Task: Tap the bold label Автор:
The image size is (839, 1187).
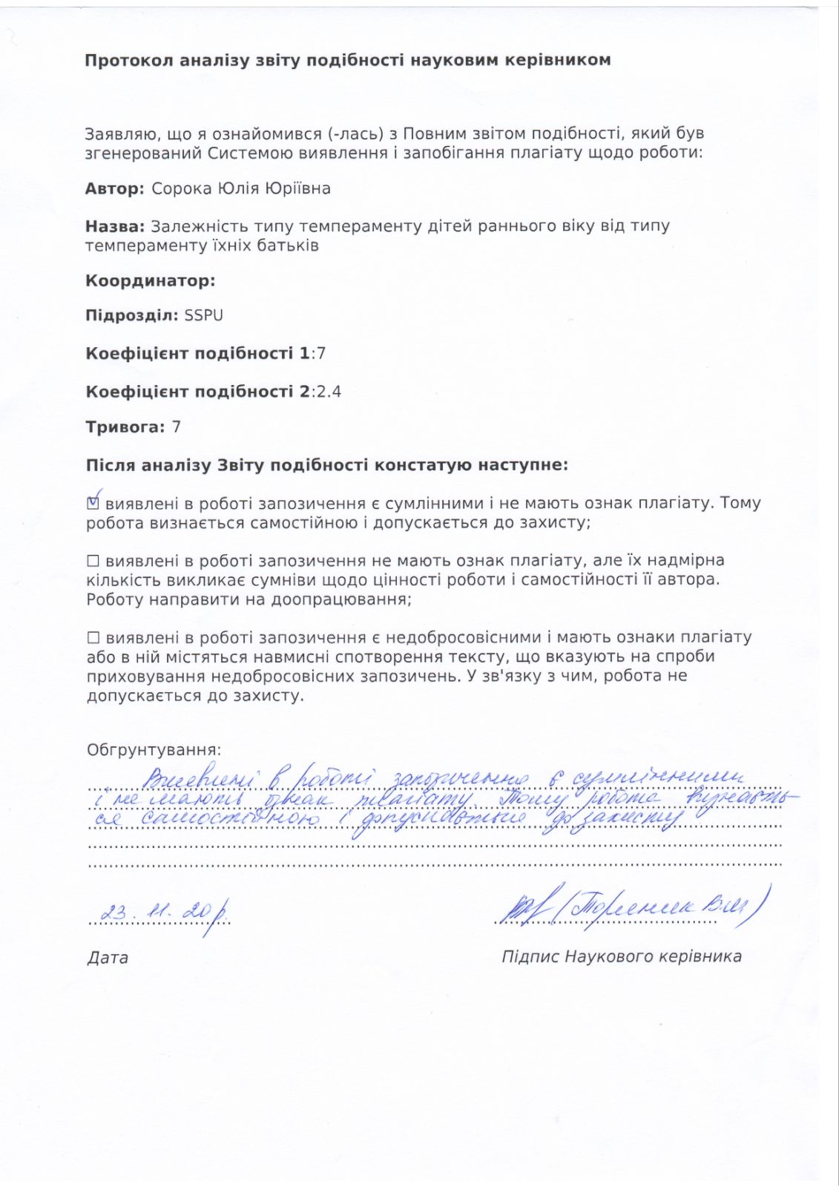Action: pos(114,188)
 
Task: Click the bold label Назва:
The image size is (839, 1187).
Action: pos(114,226)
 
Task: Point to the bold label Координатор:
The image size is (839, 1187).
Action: pos(150,280)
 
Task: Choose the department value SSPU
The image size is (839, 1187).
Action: pos(203,315)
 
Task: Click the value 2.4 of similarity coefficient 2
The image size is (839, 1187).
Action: pos(329,392)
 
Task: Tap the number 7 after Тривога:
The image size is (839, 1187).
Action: pos(177,427)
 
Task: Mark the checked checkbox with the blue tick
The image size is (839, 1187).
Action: pos(93,503)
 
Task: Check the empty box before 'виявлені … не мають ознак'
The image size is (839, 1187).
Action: pos(93,561)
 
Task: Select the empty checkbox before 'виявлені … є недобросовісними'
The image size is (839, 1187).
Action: pos(93,637)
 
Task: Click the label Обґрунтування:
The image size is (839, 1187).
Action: pos(154,750)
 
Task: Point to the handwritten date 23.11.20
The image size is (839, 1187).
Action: pos(156,912)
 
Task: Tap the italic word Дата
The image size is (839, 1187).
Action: pos(108,958)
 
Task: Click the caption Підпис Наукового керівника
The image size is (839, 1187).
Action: pos(621,957)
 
